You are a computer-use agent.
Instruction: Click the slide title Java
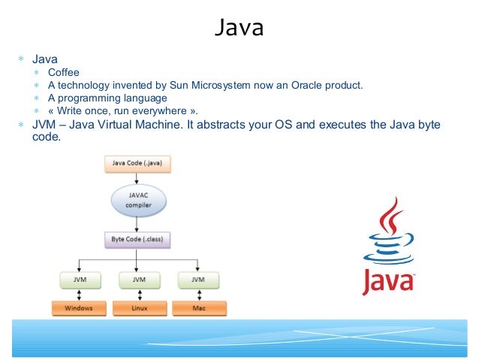point(239,29)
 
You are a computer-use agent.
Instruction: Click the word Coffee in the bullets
point(64,72)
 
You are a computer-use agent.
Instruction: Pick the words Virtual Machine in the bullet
point(140,125)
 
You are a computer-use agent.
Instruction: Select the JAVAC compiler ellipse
point(136,201)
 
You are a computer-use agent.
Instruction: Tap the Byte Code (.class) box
point(136,241)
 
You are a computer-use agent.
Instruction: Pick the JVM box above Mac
point(197,280)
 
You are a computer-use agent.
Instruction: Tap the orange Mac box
point(197,307)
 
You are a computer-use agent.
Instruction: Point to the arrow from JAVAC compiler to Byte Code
point(136,223)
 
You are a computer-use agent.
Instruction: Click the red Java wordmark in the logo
point(387,282)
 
